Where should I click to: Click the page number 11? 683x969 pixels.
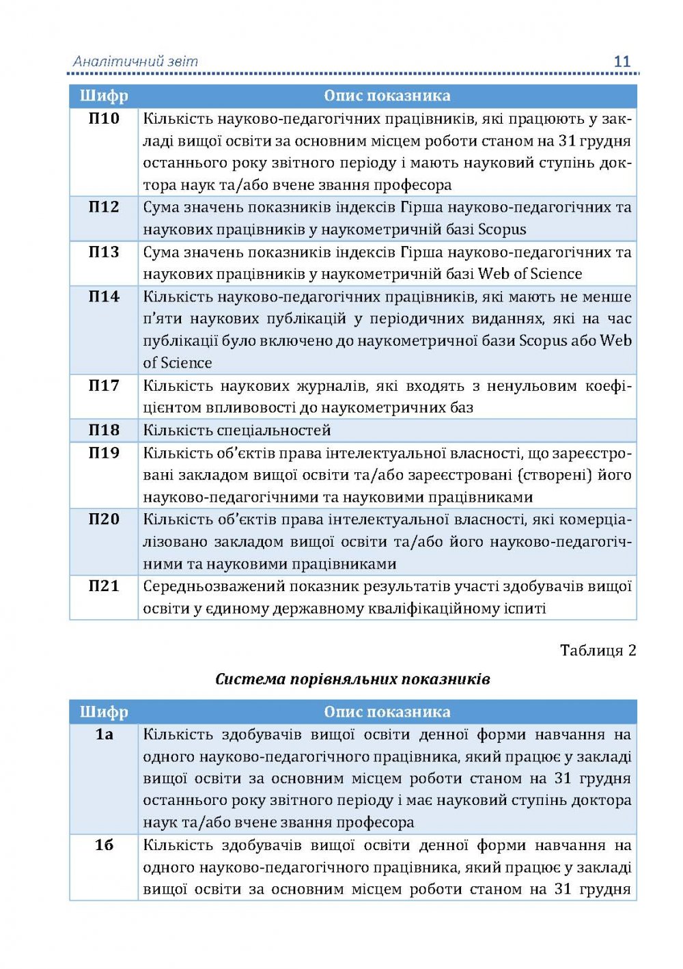(622, 62)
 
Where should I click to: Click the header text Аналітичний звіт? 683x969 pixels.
(135, 62)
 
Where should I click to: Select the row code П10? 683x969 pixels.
(104, 119)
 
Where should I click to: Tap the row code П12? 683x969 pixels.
(104, 207)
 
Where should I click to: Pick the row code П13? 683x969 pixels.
(104, 252)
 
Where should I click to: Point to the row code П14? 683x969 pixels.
(104, 297)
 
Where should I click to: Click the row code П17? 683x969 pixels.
(104, 385)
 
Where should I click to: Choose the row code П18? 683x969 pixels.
(104, 430)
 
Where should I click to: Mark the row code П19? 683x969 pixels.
(104, 452)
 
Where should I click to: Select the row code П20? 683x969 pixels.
(104, 519)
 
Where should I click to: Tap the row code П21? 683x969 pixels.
(104, 586)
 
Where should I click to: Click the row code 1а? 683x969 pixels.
(104, 735)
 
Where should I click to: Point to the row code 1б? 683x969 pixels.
(104, 845)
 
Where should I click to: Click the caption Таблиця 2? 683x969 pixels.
(598, 651)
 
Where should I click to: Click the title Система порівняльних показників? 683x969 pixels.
(352, 679)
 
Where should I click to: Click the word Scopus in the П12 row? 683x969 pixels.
(502, 230)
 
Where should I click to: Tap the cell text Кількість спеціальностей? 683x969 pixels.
(237, 431)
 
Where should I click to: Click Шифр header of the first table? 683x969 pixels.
(104, 96)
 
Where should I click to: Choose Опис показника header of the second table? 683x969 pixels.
(387, 712)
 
